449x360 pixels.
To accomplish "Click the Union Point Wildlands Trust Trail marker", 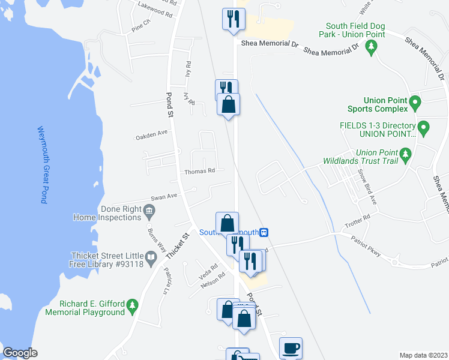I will (406, 156).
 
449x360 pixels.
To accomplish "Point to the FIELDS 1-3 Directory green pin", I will (424, 128).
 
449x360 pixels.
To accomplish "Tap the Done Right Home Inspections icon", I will (149, 210).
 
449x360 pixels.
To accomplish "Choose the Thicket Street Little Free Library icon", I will (151, 259).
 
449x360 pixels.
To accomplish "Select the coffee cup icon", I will (291, 348).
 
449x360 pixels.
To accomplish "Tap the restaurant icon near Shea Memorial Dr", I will (232, 19).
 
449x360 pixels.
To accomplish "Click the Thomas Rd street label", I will (199, 171).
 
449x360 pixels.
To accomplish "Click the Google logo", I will (20, 353).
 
